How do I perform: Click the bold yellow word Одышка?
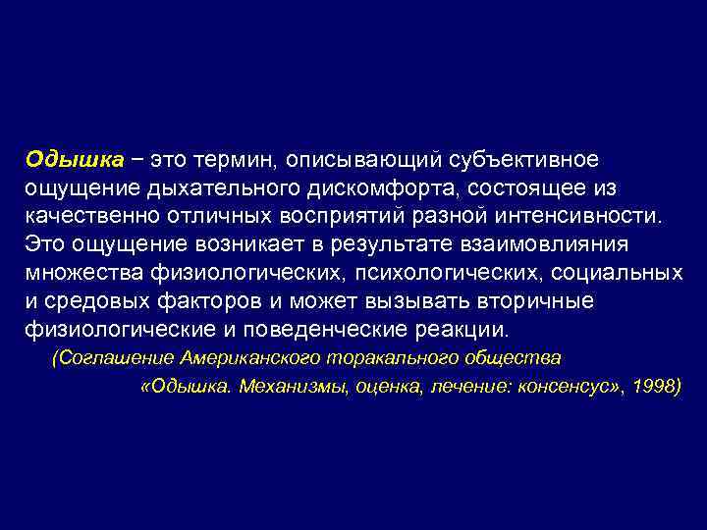pos(75,159)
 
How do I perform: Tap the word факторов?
pos(211,299)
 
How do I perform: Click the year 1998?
pos(652,386)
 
